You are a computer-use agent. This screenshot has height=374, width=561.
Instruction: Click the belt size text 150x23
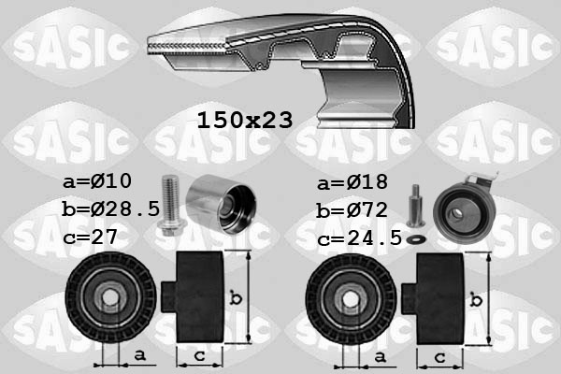pos(245,120)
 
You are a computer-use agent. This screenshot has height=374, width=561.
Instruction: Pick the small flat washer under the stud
pos(416,237)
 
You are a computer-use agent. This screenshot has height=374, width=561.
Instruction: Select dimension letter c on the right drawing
pos(439,356)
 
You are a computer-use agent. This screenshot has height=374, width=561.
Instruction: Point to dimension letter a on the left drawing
pos(138,355)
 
